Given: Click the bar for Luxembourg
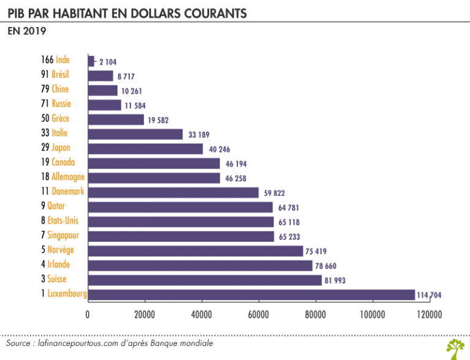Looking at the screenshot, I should tap(252, 294).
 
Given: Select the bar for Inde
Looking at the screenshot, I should tap(91, 61).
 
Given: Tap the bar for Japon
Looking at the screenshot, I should tap(146, 149).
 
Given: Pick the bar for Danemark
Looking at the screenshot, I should tap(174, 192).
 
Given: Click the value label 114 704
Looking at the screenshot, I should tap(430, 295).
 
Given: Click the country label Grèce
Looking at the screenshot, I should tap(61, 119).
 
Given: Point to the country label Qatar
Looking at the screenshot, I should tap(56, 206).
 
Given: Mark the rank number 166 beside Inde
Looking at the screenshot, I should tap(45, 60).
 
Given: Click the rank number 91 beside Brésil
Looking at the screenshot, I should tap(45, 75).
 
